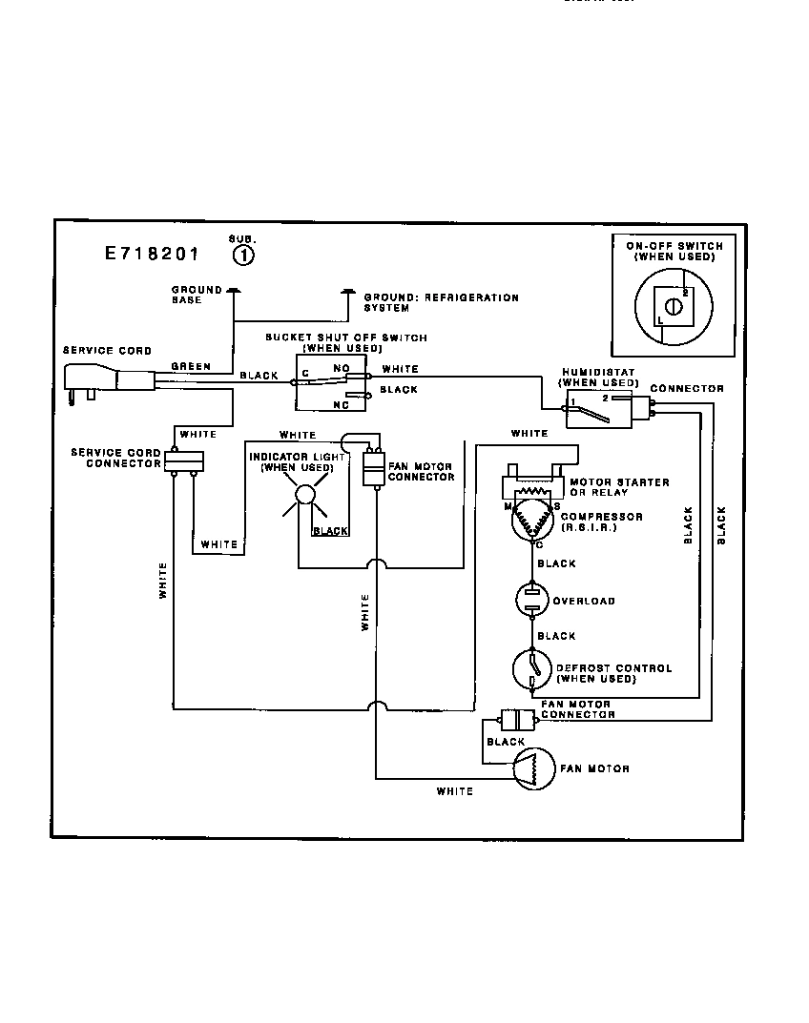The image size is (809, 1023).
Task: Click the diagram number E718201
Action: click(x=152, y=255)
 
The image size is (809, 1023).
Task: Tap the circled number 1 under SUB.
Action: click(x=243, y=255)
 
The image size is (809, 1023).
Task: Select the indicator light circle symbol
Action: click(x=303, y=495)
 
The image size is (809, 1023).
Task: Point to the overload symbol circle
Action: click(x=529, y=600)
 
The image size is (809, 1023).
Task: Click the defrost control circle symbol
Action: click(x=529, y=669)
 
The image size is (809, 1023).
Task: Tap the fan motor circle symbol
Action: click(x=533, y=767)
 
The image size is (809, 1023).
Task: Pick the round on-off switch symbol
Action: click(x=674, y=307)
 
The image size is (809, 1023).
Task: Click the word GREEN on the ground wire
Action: click(x=191, y=366)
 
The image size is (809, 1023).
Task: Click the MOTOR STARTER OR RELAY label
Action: click(x=618, y=487)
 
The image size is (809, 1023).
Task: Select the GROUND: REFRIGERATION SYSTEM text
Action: click(x=441, y=303)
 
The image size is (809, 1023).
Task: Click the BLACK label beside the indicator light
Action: click(x=330, y=531)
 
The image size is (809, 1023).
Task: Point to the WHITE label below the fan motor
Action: click(x=454, y=791)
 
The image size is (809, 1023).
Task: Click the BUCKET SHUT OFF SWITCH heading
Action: click(x=345, y=338)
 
